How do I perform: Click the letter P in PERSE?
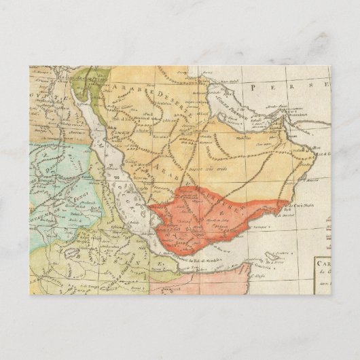(x=252, y=87)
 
